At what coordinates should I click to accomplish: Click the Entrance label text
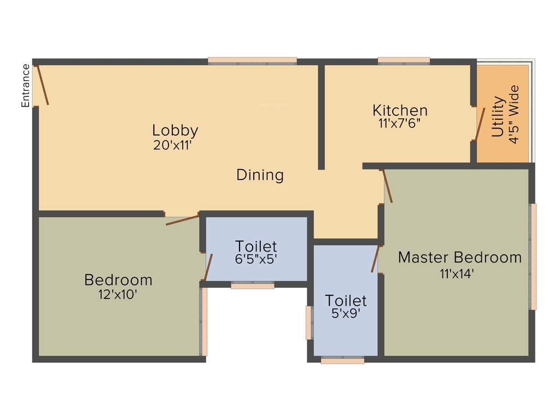point(25,85)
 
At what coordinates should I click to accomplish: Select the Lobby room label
point(175,131)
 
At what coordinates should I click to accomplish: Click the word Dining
point(260,175)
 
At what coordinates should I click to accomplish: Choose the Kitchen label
point(400,110)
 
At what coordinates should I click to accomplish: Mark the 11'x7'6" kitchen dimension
point(399,124)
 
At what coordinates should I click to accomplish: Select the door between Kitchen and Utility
point(480,124)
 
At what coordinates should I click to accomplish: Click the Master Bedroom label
point(459,257)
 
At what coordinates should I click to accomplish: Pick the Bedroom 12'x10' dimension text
point(118,294)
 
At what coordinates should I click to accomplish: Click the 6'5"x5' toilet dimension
point(256,260)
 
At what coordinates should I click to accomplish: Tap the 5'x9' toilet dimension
point(346,314)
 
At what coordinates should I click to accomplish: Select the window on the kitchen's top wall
point(404,61)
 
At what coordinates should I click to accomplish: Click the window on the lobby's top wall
point(252,61)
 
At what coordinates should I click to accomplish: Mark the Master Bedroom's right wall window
point(533,256)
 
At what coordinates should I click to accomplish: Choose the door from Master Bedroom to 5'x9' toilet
point(376,259)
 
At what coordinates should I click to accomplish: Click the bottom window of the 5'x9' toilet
point(342,360)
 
